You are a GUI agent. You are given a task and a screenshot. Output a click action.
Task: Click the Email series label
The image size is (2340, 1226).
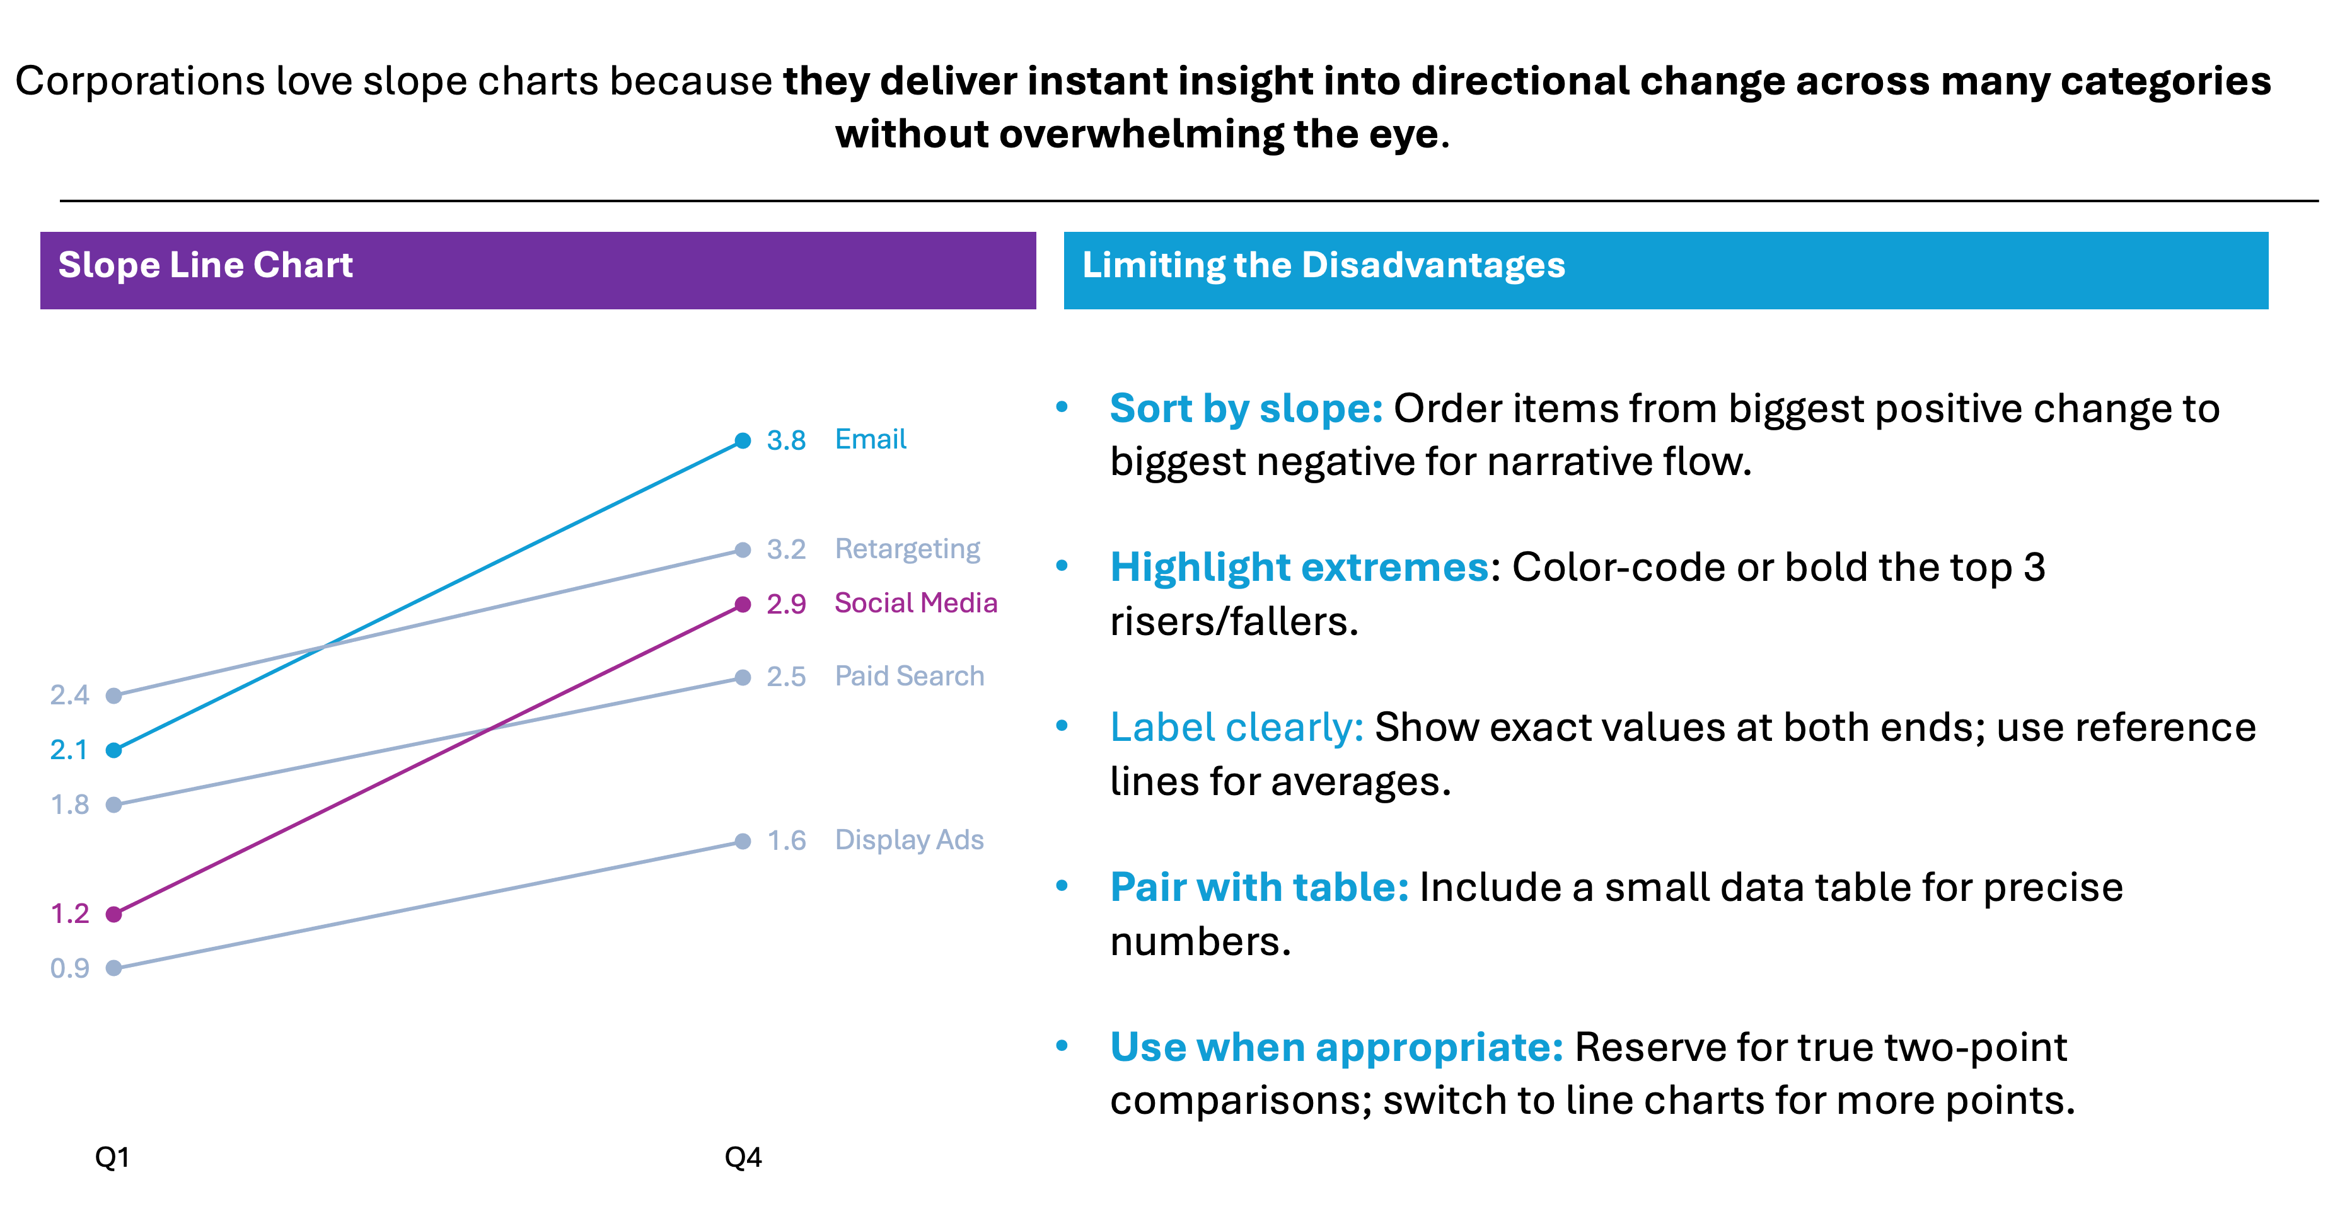tap(869, 440)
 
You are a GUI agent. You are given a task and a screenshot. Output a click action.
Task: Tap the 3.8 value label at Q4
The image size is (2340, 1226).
tap(785, 440)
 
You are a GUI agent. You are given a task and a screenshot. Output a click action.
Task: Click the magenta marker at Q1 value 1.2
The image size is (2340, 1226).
tap(113, 914)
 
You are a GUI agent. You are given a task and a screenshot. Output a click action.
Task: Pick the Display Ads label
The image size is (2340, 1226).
tap(908, 840)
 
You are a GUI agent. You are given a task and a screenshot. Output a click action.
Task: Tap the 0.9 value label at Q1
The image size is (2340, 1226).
tap(69, 968)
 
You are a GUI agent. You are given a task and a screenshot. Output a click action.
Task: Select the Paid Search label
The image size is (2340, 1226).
tap(908, 677)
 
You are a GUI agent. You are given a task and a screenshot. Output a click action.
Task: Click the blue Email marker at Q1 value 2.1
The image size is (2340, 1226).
tap(113, 750)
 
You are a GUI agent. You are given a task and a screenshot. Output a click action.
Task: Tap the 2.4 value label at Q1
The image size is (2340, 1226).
tap(69, 696)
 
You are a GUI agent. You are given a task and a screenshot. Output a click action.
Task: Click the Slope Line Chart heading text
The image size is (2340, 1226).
tap(206, 265)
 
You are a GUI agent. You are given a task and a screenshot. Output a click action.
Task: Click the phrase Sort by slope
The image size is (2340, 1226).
tap(1244, 409)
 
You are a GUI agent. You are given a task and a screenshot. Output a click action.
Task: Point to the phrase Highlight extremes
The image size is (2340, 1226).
tap(1299, 568)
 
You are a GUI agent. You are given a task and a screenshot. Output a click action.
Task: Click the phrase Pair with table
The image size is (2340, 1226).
tap(1258, 887)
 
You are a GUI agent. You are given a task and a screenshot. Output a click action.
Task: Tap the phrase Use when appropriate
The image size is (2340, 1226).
tap(1335, 1047)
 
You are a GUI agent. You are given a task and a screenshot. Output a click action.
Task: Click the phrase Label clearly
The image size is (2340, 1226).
tap(1236, 728)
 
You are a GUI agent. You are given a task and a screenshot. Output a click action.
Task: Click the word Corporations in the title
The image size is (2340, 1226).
tap(140, 82)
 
